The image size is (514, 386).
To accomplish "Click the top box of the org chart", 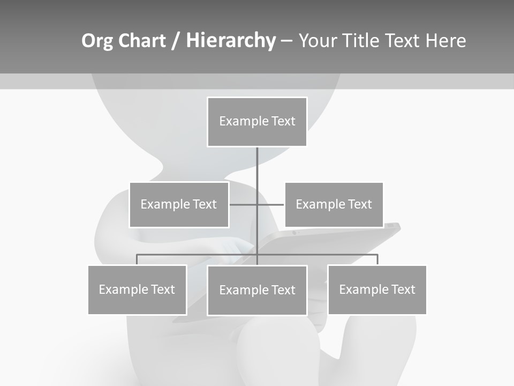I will point(257,122).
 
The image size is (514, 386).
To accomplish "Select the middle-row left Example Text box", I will point(179,204).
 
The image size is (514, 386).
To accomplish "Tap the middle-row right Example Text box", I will point(334,204).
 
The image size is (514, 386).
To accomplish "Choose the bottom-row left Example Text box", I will point(137,289).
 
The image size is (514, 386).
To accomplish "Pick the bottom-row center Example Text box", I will point(257,290).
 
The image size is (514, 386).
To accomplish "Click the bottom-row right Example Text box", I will point(377,289).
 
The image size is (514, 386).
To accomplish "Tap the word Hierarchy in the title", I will point(231,41).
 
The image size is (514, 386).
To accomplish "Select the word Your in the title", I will point(318,41).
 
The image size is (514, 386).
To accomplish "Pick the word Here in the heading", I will point(445,41).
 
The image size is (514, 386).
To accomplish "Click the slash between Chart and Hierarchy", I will point(176,41).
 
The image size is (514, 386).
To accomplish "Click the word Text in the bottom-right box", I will point(403,289).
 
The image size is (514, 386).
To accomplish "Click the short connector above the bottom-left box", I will point(137,259).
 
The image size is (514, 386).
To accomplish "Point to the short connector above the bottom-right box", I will point(377,259).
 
